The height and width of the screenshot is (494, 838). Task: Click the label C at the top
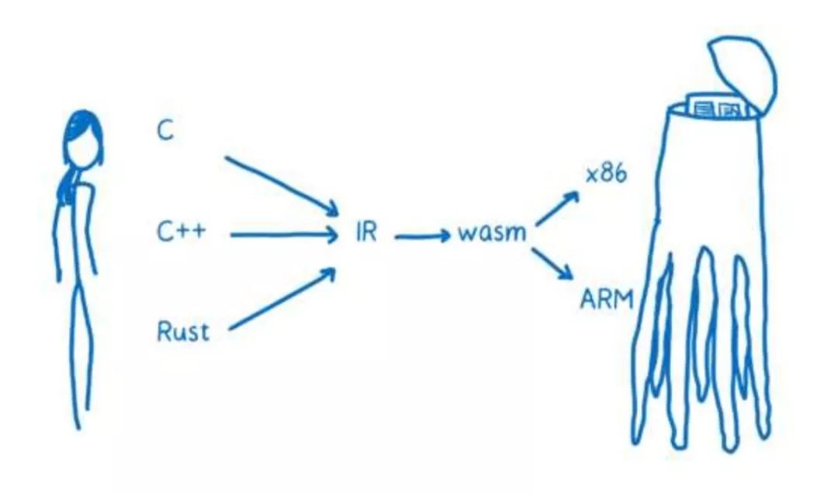click(165, 130)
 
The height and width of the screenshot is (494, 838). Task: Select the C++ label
click(181, 231)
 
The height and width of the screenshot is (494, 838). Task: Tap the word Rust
click(183, 332)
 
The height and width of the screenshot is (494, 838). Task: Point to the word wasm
click(491, 232)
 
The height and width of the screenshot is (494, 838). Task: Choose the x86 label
click(606, 175)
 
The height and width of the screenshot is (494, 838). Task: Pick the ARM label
click(607, 298)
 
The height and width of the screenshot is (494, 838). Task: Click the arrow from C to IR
click(281, 185)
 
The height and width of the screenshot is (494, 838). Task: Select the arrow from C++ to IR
click(283, 233)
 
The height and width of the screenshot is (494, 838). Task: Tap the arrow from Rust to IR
click(281, 300)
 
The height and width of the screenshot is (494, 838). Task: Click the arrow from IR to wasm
click(422, 234)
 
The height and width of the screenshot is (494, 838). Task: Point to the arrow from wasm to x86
click(557, 207)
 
